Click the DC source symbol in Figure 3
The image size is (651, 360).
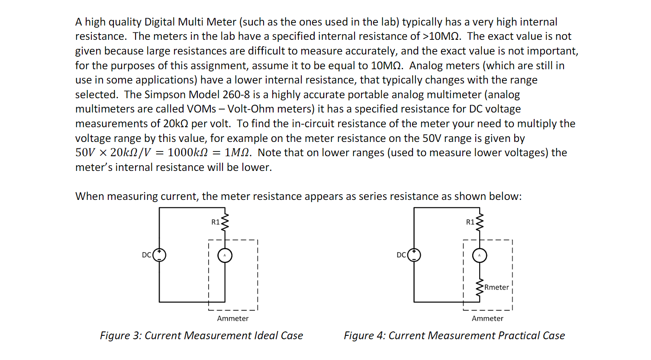(159, 255)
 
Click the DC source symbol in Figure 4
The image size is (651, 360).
(414, 255)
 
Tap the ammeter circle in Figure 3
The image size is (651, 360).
(225, 255)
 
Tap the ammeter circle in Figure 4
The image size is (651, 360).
(479, 255)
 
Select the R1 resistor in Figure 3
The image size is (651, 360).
(225, 222)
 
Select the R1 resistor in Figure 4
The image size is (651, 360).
(479, 222)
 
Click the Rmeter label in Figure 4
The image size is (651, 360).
(496, 287)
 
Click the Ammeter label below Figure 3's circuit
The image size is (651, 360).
(233, 318)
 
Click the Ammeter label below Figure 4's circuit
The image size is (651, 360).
(487, 318)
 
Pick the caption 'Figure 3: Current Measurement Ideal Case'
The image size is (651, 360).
(201, 336)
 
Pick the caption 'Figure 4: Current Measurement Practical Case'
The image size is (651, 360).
(454, 336)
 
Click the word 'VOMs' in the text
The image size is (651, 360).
(201, 109)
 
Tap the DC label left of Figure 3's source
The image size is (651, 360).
(146, 255)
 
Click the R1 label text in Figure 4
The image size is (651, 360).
(470, 222)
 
